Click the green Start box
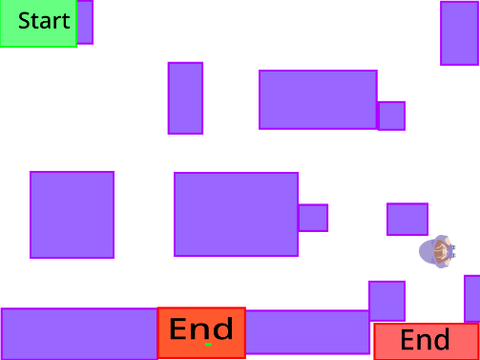pos(38,23)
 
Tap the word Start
pos(44,21)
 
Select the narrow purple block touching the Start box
pos(85,22)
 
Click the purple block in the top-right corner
pos(459,33)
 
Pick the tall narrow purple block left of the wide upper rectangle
pos(185,98)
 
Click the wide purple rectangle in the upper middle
pos(318,100)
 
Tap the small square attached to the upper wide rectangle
pos(392,116)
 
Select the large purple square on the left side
pos(72,215)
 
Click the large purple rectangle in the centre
pos(236,214)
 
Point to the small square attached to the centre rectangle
pos(313,218)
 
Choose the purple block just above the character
pos(407,219)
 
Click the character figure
pos(437,252)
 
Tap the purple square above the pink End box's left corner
pos(387,301)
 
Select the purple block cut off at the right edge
pos(472,299)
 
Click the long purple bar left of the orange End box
pos(79,334)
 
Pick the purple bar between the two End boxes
pos(308,332)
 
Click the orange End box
pos(202,333)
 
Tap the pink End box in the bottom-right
pos(426,342)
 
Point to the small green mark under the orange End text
pos(208,344)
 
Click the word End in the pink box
pos(425,340)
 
